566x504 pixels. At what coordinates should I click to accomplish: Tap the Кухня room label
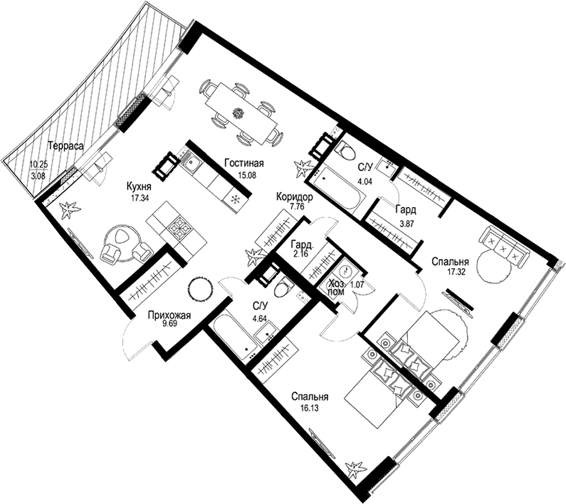click(x=139, y=186)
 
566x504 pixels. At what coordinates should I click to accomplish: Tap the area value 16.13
click(x=309, y=408)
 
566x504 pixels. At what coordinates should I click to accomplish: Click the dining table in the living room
click(x=241, y=113)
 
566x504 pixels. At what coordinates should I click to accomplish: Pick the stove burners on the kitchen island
click(x=179, y=227)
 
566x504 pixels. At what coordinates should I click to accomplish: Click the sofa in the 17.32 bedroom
click(x=502, y=247)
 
